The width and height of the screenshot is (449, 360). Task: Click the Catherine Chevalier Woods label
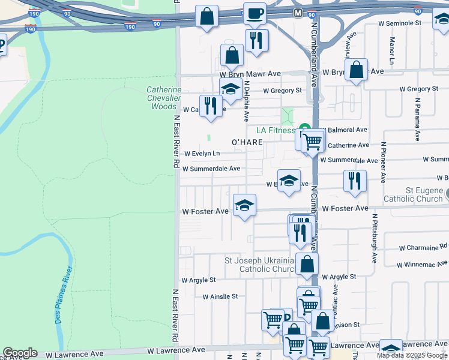[x=164, y=98]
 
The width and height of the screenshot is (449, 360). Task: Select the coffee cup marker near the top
[x=255, y=14]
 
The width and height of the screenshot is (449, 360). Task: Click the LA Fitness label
[x=276, y=130]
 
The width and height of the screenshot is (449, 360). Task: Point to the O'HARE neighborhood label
[x=247, y=142]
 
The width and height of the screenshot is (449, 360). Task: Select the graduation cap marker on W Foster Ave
[x=244, y=206]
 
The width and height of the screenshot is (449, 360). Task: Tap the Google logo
[x=20, y=353]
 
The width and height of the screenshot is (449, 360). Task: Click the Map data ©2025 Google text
[x=412, y=355]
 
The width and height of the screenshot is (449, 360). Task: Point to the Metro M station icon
[x=298, y=13]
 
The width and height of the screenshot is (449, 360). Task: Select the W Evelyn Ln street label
[x=202, y=154]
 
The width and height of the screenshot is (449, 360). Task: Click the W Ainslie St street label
[x=220, y=296]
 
